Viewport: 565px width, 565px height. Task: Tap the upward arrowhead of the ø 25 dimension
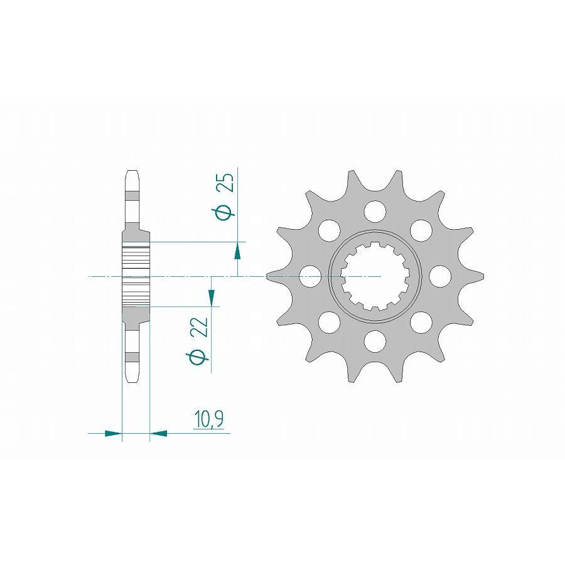(x=238, y=252)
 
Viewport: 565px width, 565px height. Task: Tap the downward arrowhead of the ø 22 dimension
(x=212, y=298)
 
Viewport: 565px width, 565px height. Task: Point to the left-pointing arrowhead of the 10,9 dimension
(x=159, y=433)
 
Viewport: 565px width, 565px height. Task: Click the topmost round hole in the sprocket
(x=375, y=210)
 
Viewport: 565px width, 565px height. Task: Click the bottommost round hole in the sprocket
(x=375, y=341)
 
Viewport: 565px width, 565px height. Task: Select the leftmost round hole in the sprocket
(x=309, y=276)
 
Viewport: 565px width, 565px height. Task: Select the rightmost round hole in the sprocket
(x=440, y=276)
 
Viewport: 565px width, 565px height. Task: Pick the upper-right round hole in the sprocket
(x=421, y=229)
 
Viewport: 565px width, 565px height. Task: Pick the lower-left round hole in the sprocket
(x=328, y=322)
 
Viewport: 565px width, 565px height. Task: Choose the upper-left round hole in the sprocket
(x=328, y=229)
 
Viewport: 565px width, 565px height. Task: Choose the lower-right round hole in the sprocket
(x=421, y=322)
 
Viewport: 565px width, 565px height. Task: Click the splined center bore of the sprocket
(x=375, y=276)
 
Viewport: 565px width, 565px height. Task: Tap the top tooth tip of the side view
(x=132, y=173)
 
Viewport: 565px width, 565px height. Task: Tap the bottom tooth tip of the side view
(x=132, y=379)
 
